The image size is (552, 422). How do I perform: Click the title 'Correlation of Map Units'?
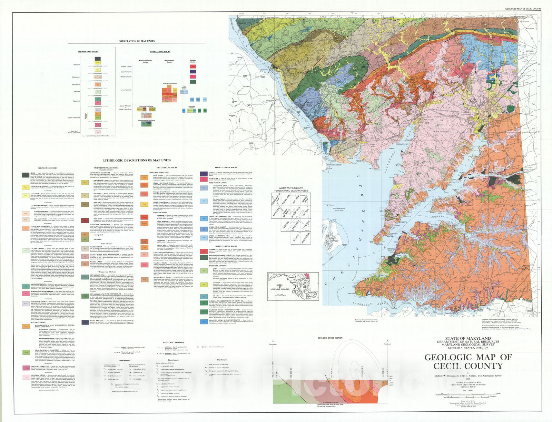136,41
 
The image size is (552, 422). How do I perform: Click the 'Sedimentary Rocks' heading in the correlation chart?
88,52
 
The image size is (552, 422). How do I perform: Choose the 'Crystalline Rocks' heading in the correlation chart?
160,52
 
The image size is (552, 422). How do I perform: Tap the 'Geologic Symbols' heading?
170,343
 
